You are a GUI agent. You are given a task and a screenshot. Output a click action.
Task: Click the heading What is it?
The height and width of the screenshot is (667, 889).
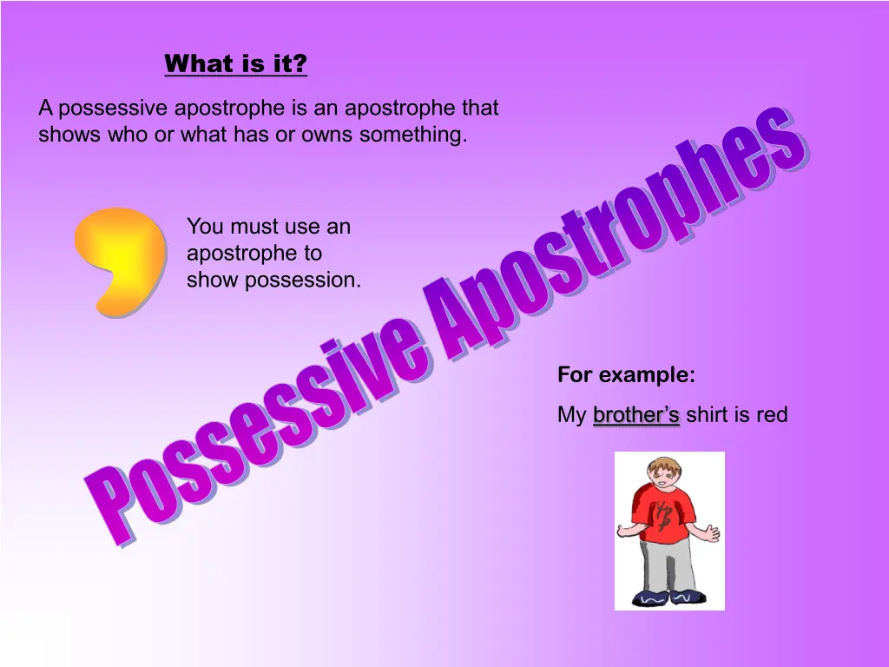click(x=236, y=63)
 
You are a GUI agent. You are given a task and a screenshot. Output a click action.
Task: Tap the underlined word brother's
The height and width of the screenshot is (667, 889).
click(x=636, y=414)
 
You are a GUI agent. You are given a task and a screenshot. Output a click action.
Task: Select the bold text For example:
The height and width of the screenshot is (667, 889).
click(x=627, y=375)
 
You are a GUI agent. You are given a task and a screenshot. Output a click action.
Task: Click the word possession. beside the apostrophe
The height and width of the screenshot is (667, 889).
click(x=303, y=281)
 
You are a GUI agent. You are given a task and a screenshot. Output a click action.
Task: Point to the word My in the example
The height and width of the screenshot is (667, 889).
click(x=571, y=415)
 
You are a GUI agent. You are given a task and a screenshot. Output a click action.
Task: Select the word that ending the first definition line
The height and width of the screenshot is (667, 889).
click(x=480, y=108)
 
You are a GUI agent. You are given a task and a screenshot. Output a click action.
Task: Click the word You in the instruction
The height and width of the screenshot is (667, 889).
click(x=205, y=227)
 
